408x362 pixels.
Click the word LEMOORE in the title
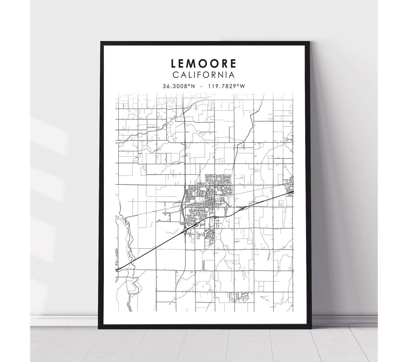pos(204,63)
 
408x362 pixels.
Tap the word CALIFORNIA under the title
pos(204,75)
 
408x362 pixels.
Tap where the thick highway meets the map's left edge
pos(117,269)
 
